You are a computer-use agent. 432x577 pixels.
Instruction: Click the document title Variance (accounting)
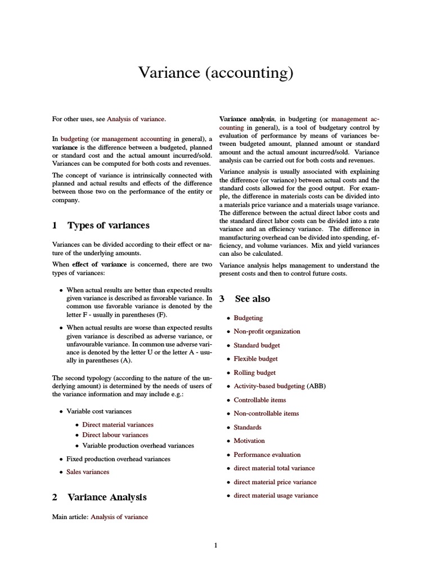click(216, 73)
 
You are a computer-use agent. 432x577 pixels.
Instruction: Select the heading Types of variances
click(109, 225)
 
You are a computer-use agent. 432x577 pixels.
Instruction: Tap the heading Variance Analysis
click(107, 497)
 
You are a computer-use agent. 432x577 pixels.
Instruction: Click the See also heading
click(253, 299)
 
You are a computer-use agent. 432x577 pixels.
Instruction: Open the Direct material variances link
click(118, 424)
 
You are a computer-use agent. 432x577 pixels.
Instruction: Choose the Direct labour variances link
click(115, 435)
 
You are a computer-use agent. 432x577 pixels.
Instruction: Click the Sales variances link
click(88, 472)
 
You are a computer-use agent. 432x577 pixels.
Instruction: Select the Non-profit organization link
click(267, 331)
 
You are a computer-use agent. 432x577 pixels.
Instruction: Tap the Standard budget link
click(256, 345)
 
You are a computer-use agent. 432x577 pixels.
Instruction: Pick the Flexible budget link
click(256, 358)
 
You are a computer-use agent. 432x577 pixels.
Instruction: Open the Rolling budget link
click(255, 372)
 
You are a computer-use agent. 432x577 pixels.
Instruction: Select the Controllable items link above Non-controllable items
click(260, 400)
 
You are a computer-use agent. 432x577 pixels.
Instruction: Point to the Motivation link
click(249, 441)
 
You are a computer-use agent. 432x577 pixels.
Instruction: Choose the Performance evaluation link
click(267, 454)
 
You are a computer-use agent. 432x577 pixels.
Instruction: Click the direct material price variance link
click(275, 482)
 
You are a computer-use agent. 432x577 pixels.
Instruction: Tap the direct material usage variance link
click(276, 495)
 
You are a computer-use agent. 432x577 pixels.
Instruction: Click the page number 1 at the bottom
click(216, 545)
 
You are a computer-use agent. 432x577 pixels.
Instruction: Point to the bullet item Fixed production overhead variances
click(118, 459)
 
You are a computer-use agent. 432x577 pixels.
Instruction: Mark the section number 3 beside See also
click(222, 299)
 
